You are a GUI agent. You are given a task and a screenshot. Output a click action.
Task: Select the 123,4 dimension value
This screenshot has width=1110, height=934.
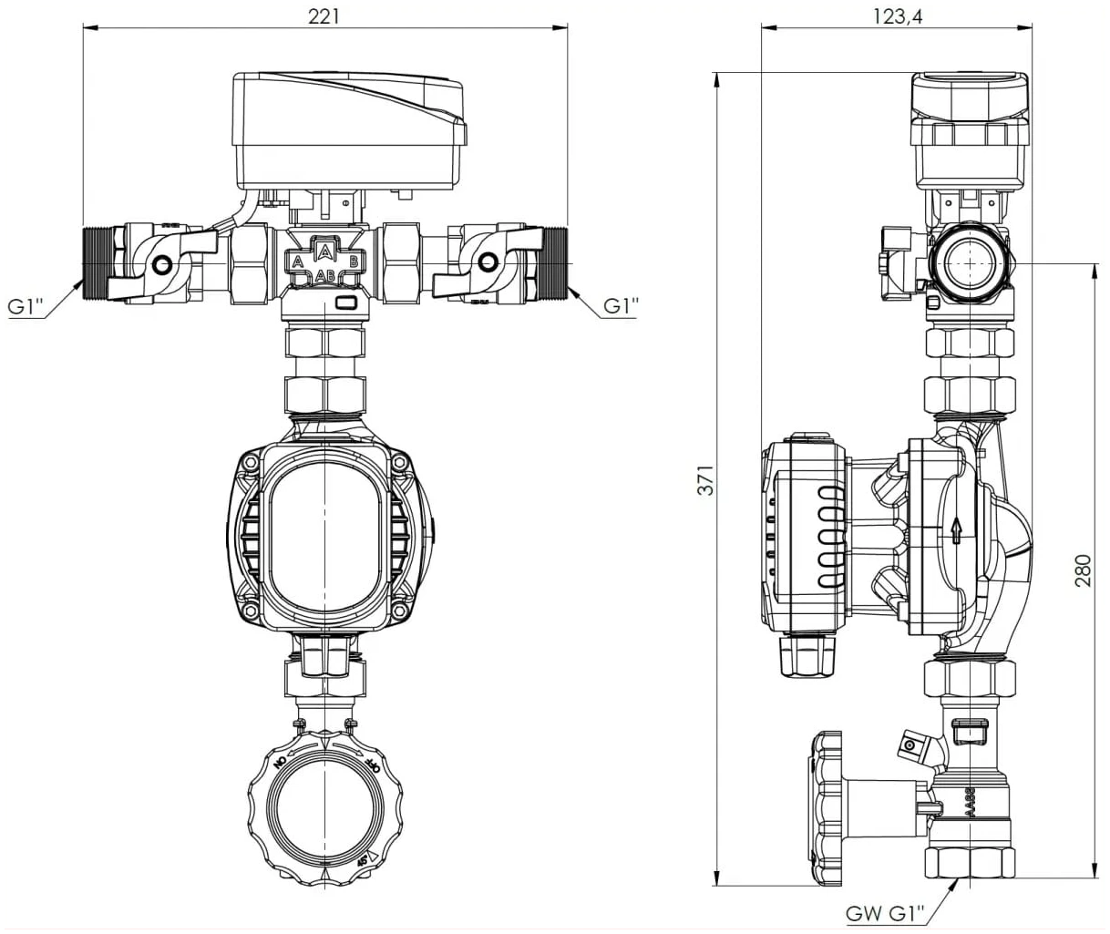897,15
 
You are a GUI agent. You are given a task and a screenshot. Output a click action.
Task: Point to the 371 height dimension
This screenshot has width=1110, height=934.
706,479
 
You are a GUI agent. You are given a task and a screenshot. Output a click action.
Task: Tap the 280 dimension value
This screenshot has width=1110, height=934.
1083,570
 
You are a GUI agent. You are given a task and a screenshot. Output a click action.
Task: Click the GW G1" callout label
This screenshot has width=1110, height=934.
884,913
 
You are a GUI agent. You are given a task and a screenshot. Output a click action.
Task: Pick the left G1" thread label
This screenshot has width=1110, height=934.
26,306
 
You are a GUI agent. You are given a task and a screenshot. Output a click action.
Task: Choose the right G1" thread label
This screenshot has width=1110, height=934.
621,306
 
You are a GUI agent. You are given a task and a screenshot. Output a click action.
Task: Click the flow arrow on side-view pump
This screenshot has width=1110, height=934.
955,529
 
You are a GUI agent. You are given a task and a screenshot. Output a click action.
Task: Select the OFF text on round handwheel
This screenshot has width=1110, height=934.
371,763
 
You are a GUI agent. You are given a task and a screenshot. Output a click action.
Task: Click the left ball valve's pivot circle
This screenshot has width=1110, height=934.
162,265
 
